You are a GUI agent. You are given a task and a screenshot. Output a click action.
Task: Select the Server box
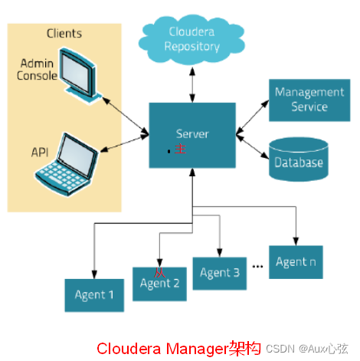click(x=191, y=135)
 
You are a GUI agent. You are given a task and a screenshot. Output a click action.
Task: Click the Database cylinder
click(x=298, y=159)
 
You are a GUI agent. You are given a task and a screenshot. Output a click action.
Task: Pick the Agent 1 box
click(x=94, y=294)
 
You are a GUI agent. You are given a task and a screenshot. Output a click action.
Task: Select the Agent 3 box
click(x=220, y=273)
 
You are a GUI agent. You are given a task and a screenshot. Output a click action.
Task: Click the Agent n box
click(x=295, y=262)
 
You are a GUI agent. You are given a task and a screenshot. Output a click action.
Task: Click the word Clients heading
click(x=64, y=34)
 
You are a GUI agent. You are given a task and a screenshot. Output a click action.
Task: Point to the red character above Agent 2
click(x=159, y=272)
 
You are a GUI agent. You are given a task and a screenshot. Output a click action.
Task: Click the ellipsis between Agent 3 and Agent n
click(x=258, y=266)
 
